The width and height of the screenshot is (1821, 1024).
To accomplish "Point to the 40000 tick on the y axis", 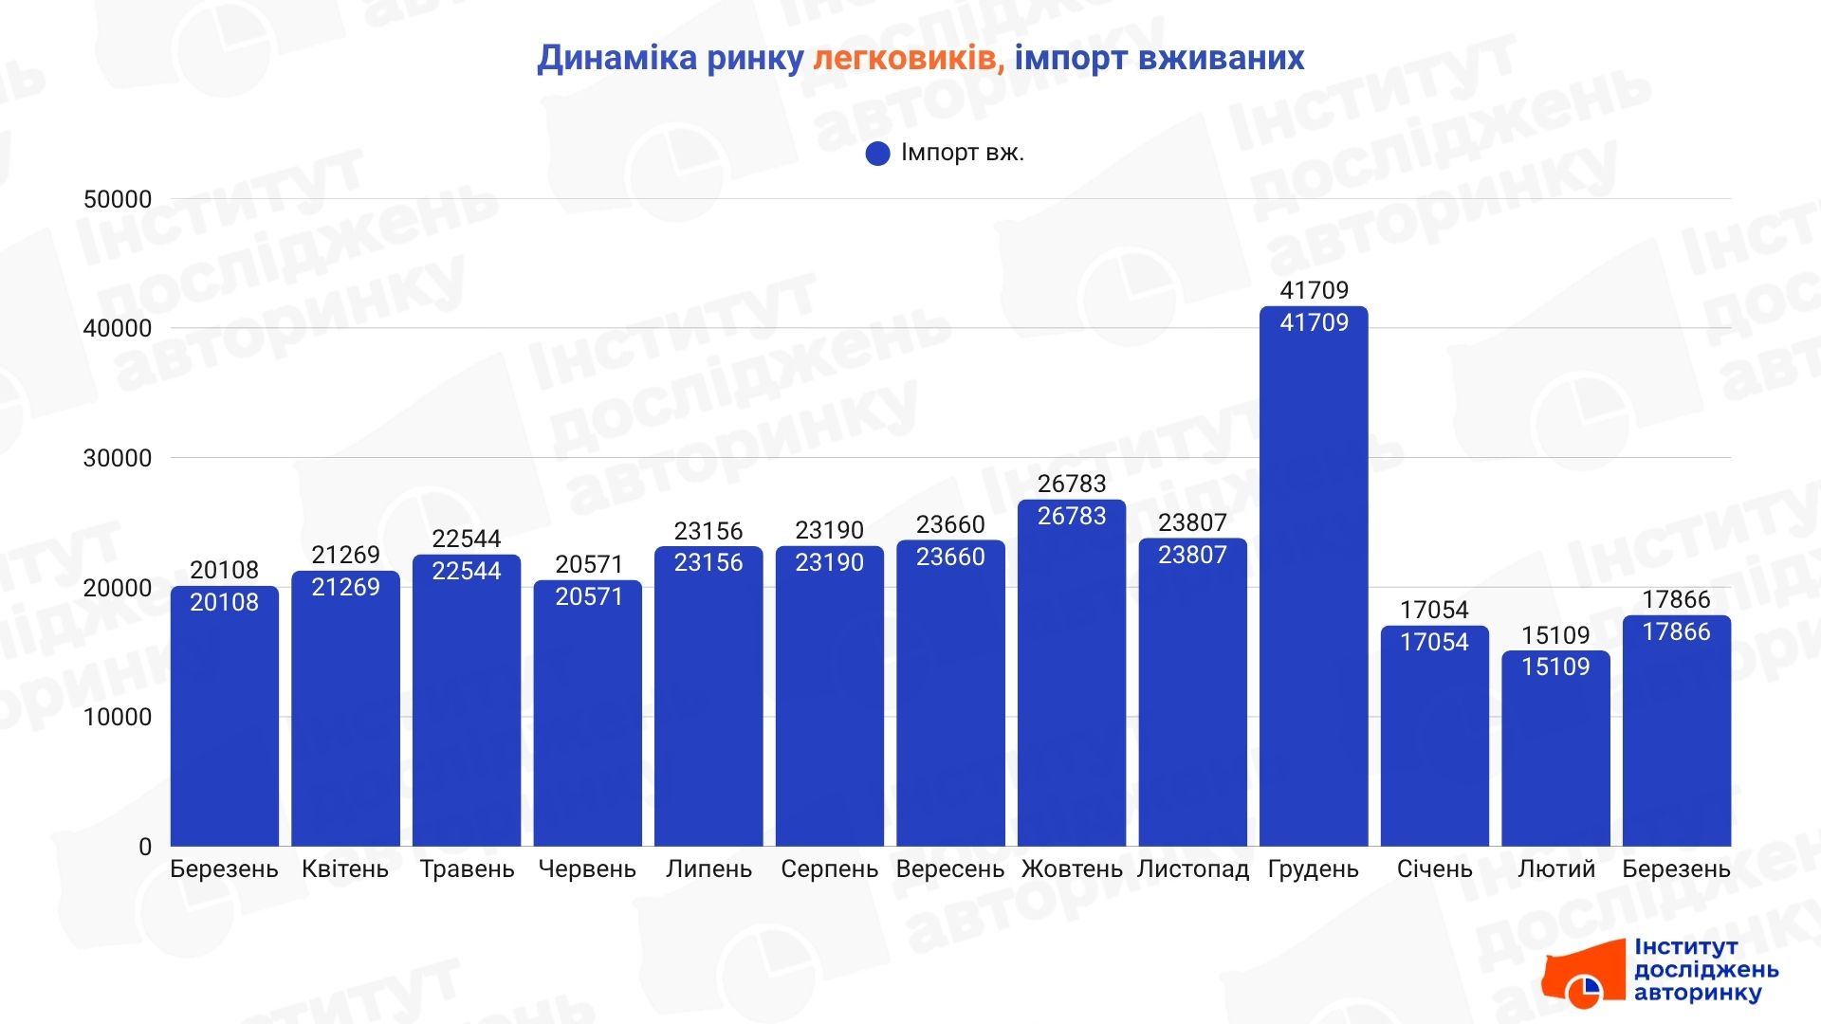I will point(118,329).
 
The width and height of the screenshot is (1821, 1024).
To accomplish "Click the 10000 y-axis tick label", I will point(118,718).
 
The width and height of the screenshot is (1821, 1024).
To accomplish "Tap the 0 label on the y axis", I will point(144,847).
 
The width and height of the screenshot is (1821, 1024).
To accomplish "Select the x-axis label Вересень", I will point(949,869).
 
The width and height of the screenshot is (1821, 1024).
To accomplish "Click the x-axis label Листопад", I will point(1192,869).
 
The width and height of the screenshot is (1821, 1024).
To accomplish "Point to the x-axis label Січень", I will point(1434,869).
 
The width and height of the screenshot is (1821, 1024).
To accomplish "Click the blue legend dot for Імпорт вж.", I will point(877,154).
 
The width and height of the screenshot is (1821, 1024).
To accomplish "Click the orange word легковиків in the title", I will point(908,59).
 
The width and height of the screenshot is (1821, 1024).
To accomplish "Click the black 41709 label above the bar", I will point(1314,290).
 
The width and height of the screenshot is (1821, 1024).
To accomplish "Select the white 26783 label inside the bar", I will point(1072,516).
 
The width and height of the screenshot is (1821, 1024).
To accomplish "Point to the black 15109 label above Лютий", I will point(1555,635).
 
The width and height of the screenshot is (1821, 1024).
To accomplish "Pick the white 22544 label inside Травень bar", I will point(466,571).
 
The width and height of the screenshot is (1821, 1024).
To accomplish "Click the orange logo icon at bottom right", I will point(1584,977).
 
